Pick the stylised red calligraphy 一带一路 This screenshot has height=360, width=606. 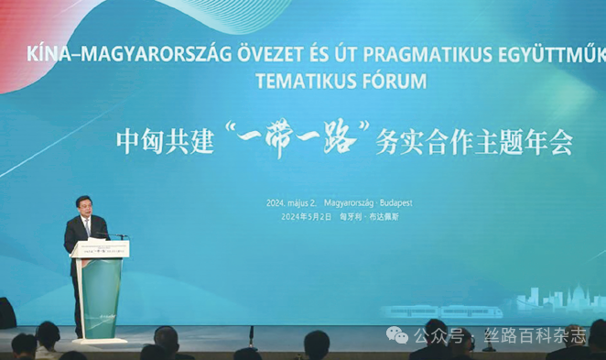302,139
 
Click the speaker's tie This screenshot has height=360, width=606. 87,227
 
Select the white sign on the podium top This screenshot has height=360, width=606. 100,248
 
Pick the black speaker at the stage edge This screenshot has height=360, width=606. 7,313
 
